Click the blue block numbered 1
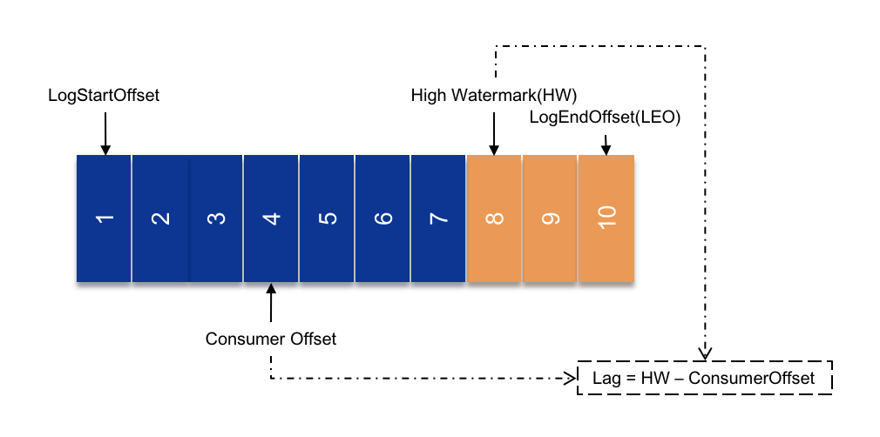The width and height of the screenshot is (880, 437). [104, 218]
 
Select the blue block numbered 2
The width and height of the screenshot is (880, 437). [159, 218]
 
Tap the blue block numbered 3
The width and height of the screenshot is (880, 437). [215, 218]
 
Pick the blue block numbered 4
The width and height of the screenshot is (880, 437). [271, 218]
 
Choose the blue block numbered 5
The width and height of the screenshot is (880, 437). [327, 218]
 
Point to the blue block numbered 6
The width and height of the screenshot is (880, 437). [382, 218]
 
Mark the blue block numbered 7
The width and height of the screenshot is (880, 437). [438, 218]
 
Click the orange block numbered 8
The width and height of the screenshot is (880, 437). [494, 218]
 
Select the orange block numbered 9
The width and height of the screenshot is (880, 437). [549, 218]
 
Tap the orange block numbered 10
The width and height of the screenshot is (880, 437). [606, 218]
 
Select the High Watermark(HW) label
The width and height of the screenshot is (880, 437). [494, 95]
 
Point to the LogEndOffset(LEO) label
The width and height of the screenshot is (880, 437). [605, 118]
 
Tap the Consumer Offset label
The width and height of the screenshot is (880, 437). [271, 338]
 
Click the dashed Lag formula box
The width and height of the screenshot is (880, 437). [705, 378]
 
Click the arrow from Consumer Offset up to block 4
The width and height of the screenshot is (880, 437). [271, 305]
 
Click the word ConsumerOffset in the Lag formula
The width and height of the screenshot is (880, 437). [762, 378]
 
